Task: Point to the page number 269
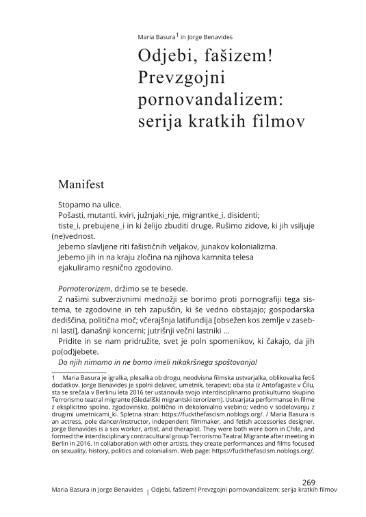308,481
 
